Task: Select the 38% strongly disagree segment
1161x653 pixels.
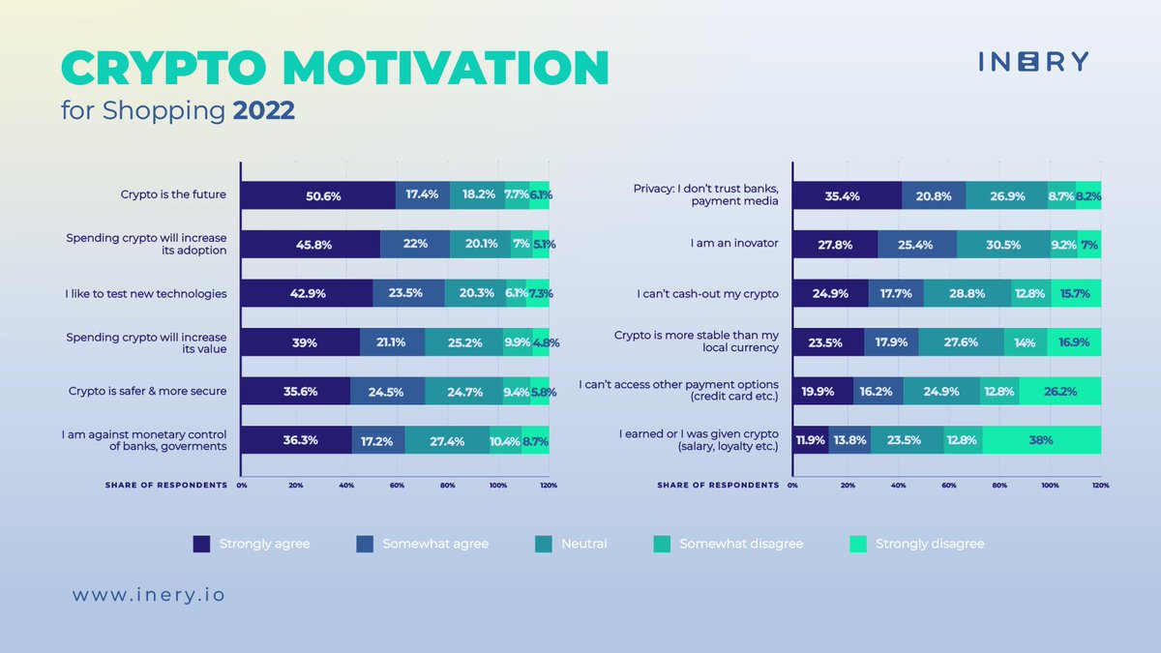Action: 1041,440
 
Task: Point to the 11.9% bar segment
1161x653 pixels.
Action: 811,440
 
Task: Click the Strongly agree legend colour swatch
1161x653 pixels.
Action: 201,544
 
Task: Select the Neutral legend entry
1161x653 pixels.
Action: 570,544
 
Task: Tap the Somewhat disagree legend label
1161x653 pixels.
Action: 741,544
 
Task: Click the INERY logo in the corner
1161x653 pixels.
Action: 1032,62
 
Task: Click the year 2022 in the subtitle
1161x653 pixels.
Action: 263,110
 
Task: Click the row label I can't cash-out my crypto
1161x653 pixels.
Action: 707,293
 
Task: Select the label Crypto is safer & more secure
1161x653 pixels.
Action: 147,391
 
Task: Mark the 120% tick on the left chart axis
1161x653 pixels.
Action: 549,485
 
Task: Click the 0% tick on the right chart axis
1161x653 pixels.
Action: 792,485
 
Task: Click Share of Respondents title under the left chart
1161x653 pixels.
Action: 166,485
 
